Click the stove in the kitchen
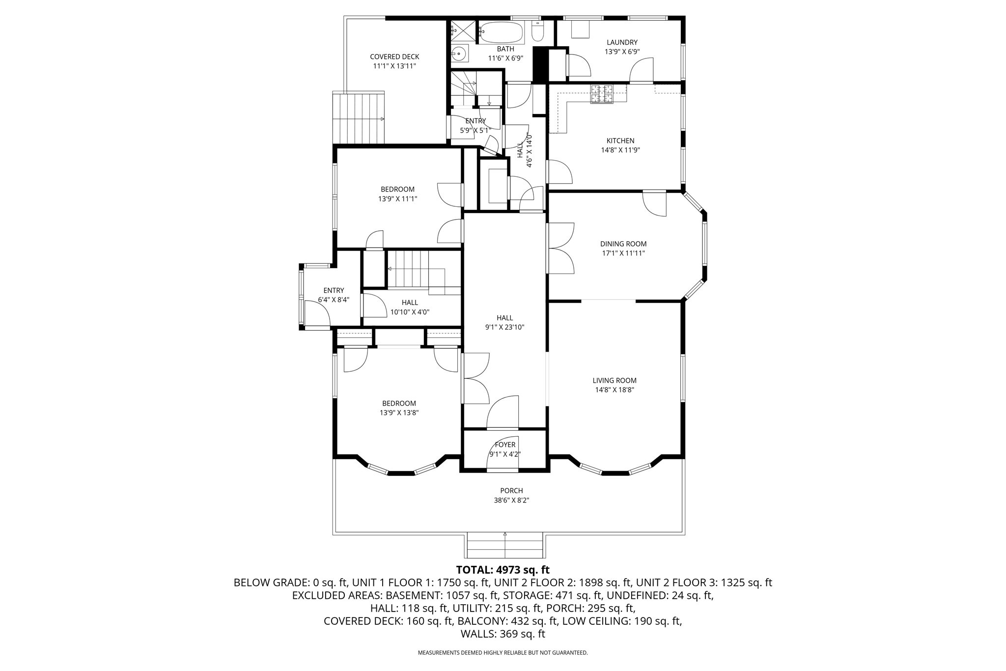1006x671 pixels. coord(602,94)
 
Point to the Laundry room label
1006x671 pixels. coord(622,42)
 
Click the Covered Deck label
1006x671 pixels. coord(394,56)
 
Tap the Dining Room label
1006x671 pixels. coord(623,244)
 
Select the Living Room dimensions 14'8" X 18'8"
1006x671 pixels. coord(615,390)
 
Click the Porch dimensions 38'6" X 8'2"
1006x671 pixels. coord(511,500)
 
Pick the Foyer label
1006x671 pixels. coord(505,445)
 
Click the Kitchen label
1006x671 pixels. coord(620,141)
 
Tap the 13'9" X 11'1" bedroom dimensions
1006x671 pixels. coord(397,199)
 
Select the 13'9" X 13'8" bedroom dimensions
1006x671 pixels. coord(399,413)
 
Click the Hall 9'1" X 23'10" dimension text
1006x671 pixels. coord(504,327)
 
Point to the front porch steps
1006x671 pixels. coord(505,545)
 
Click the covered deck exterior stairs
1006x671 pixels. coord(359,117)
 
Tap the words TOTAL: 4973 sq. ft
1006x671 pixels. coord(503,570)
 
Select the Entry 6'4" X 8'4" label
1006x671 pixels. coord(334,295)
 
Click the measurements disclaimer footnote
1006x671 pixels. coord(503,653)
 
